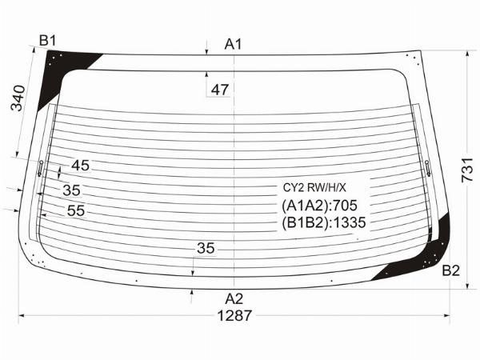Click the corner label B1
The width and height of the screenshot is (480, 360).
[47, 41]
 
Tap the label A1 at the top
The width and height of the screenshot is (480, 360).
[234, 44]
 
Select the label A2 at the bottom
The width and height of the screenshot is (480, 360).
[234, 298]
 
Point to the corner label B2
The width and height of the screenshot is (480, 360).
[451, 270]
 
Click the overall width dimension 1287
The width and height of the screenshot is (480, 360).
[234, 315]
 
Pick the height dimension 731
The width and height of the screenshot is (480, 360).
[468, 170]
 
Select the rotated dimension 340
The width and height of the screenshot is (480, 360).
[18, 98]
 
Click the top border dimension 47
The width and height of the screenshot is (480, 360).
[220, 90]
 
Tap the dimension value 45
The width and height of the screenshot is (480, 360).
[81, 166]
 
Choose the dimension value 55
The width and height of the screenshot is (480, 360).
[76, 210]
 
